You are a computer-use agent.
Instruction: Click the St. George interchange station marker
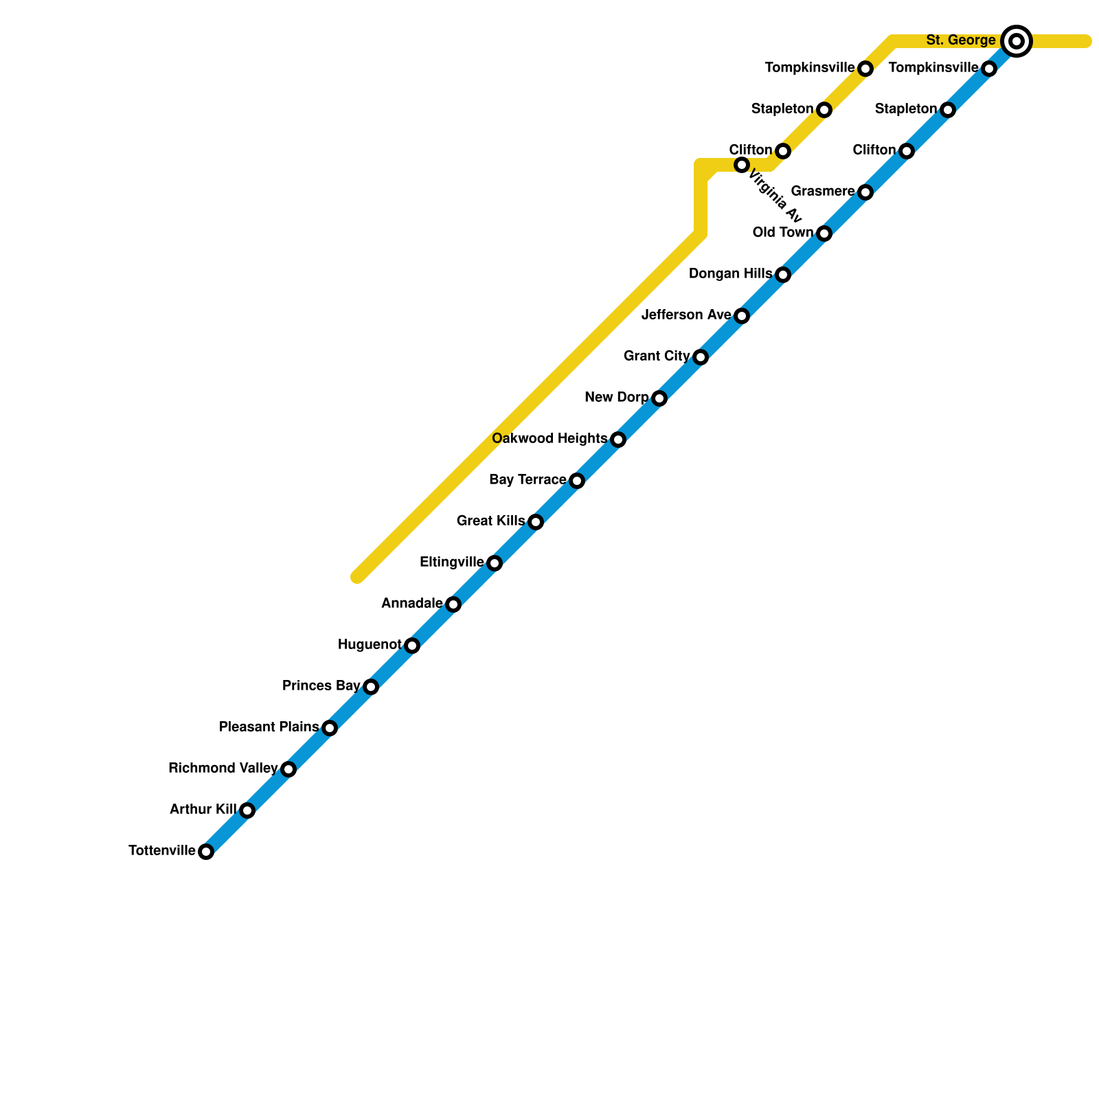coord(1017,41)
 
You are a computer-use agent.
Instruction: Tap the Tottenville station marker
coord(206,852)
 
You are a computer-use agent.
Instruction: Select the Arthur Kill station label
coord(203,810)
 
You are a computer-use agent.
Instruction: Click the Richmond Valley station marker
coord(288,769)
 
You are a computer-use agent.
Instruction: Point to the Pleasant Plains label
coord(269,727)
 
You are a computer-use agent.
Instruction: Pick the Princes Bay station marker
coord(371,687)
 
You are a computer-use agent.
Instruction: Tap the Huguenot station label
coord(370,645)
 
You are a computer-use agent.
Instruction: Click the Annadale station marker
coord(453,604)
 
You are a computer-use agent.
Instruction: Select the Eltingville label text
coord(451,563)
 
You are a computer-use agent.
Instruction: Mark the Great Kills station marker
coord(536,522)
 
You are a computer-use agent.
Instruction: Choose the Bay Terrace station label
coord(528,480)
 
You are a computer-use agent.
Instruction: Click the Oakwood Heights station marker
coord(618,440)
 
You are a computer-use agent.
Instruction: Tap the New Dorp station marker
coord(659,398)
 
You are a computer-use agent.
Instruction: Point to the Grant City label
coord(657,356)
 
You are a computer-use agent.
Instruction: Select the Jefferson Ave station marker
coord(742,316)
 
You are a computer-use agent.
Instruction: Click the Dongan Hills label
coord(730,274)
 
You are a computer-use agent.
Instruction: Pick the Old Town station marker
coord(824,234)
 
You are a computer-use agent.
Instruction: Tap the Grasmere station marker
coord(865,192)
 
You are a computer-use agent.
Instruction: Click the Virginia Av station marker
coord(742,165)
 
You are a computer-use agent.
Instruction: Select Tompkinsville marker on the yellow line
coord(865,69)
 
